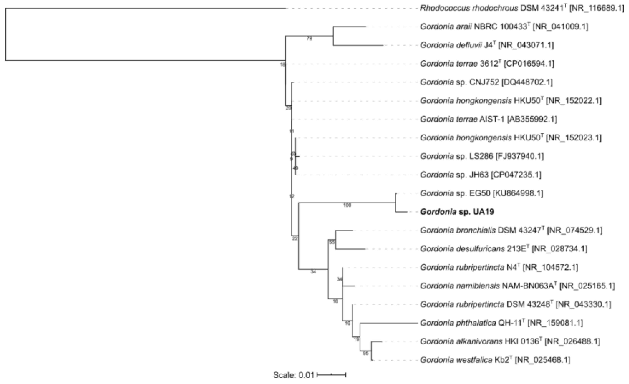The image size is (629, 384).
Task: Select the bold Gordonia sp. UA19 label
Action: [457, 212]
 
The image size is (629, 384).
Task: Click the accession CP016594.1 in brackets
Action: [529, 64]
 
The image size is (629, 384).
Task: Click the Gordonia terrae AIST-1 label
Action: [462, 119]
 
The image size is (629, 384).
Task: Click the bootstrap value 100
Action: [347, 205]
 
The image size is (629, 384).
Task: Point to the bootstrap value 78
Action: [309, 39]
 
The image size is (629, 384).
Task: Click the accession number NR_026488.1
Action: [572, 342]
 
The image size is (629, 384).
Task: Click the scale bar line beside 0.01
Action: [331, 375]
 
